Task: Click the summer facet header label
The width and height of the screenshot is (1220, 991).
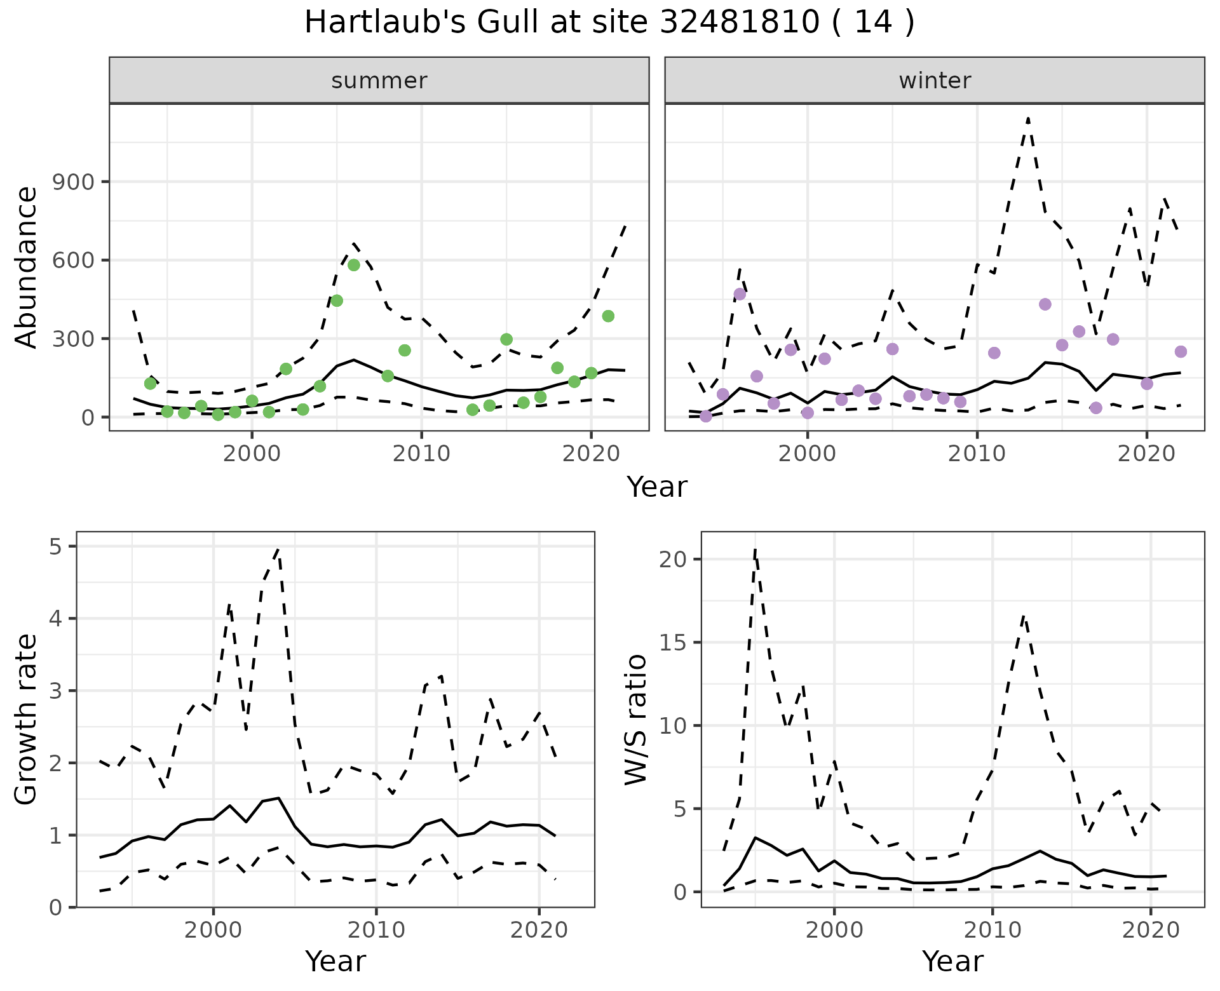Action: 379,81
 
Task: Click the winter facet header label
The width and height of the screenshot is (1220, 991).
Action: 934,81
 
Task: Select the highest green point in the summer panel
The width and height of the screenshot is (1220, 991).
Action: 354,265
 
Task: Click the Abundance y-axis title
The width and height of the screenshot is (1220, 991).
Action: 27,267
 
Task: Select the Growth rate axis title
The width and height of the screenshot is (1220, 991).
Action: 27,719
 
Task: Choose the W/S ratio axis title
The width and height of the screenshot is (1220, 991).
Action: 635,719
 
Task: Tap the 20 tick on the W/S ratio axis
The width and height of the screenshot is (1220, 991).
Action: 672,559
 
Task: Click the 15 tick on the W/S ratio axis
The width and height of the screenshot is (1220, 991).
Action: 672,642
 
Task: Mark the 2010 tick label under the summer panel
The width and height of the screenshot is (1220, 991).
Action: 421,454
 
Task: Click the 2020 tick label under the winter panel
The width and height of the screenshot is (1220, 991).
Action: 1147,454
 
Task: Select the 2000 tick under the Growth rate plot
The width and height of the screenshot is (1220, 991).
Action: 213,930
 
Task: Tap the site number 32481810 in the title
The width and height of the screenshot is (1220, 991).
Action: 739,23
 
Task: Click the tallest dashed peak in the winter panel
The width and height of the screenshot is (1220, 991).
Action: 1027,118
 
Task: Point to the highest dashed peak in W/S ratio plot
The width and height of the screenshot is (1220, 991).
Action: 755,550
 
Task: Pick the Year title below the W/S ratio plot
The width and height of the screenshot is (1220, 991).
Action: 952,962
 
